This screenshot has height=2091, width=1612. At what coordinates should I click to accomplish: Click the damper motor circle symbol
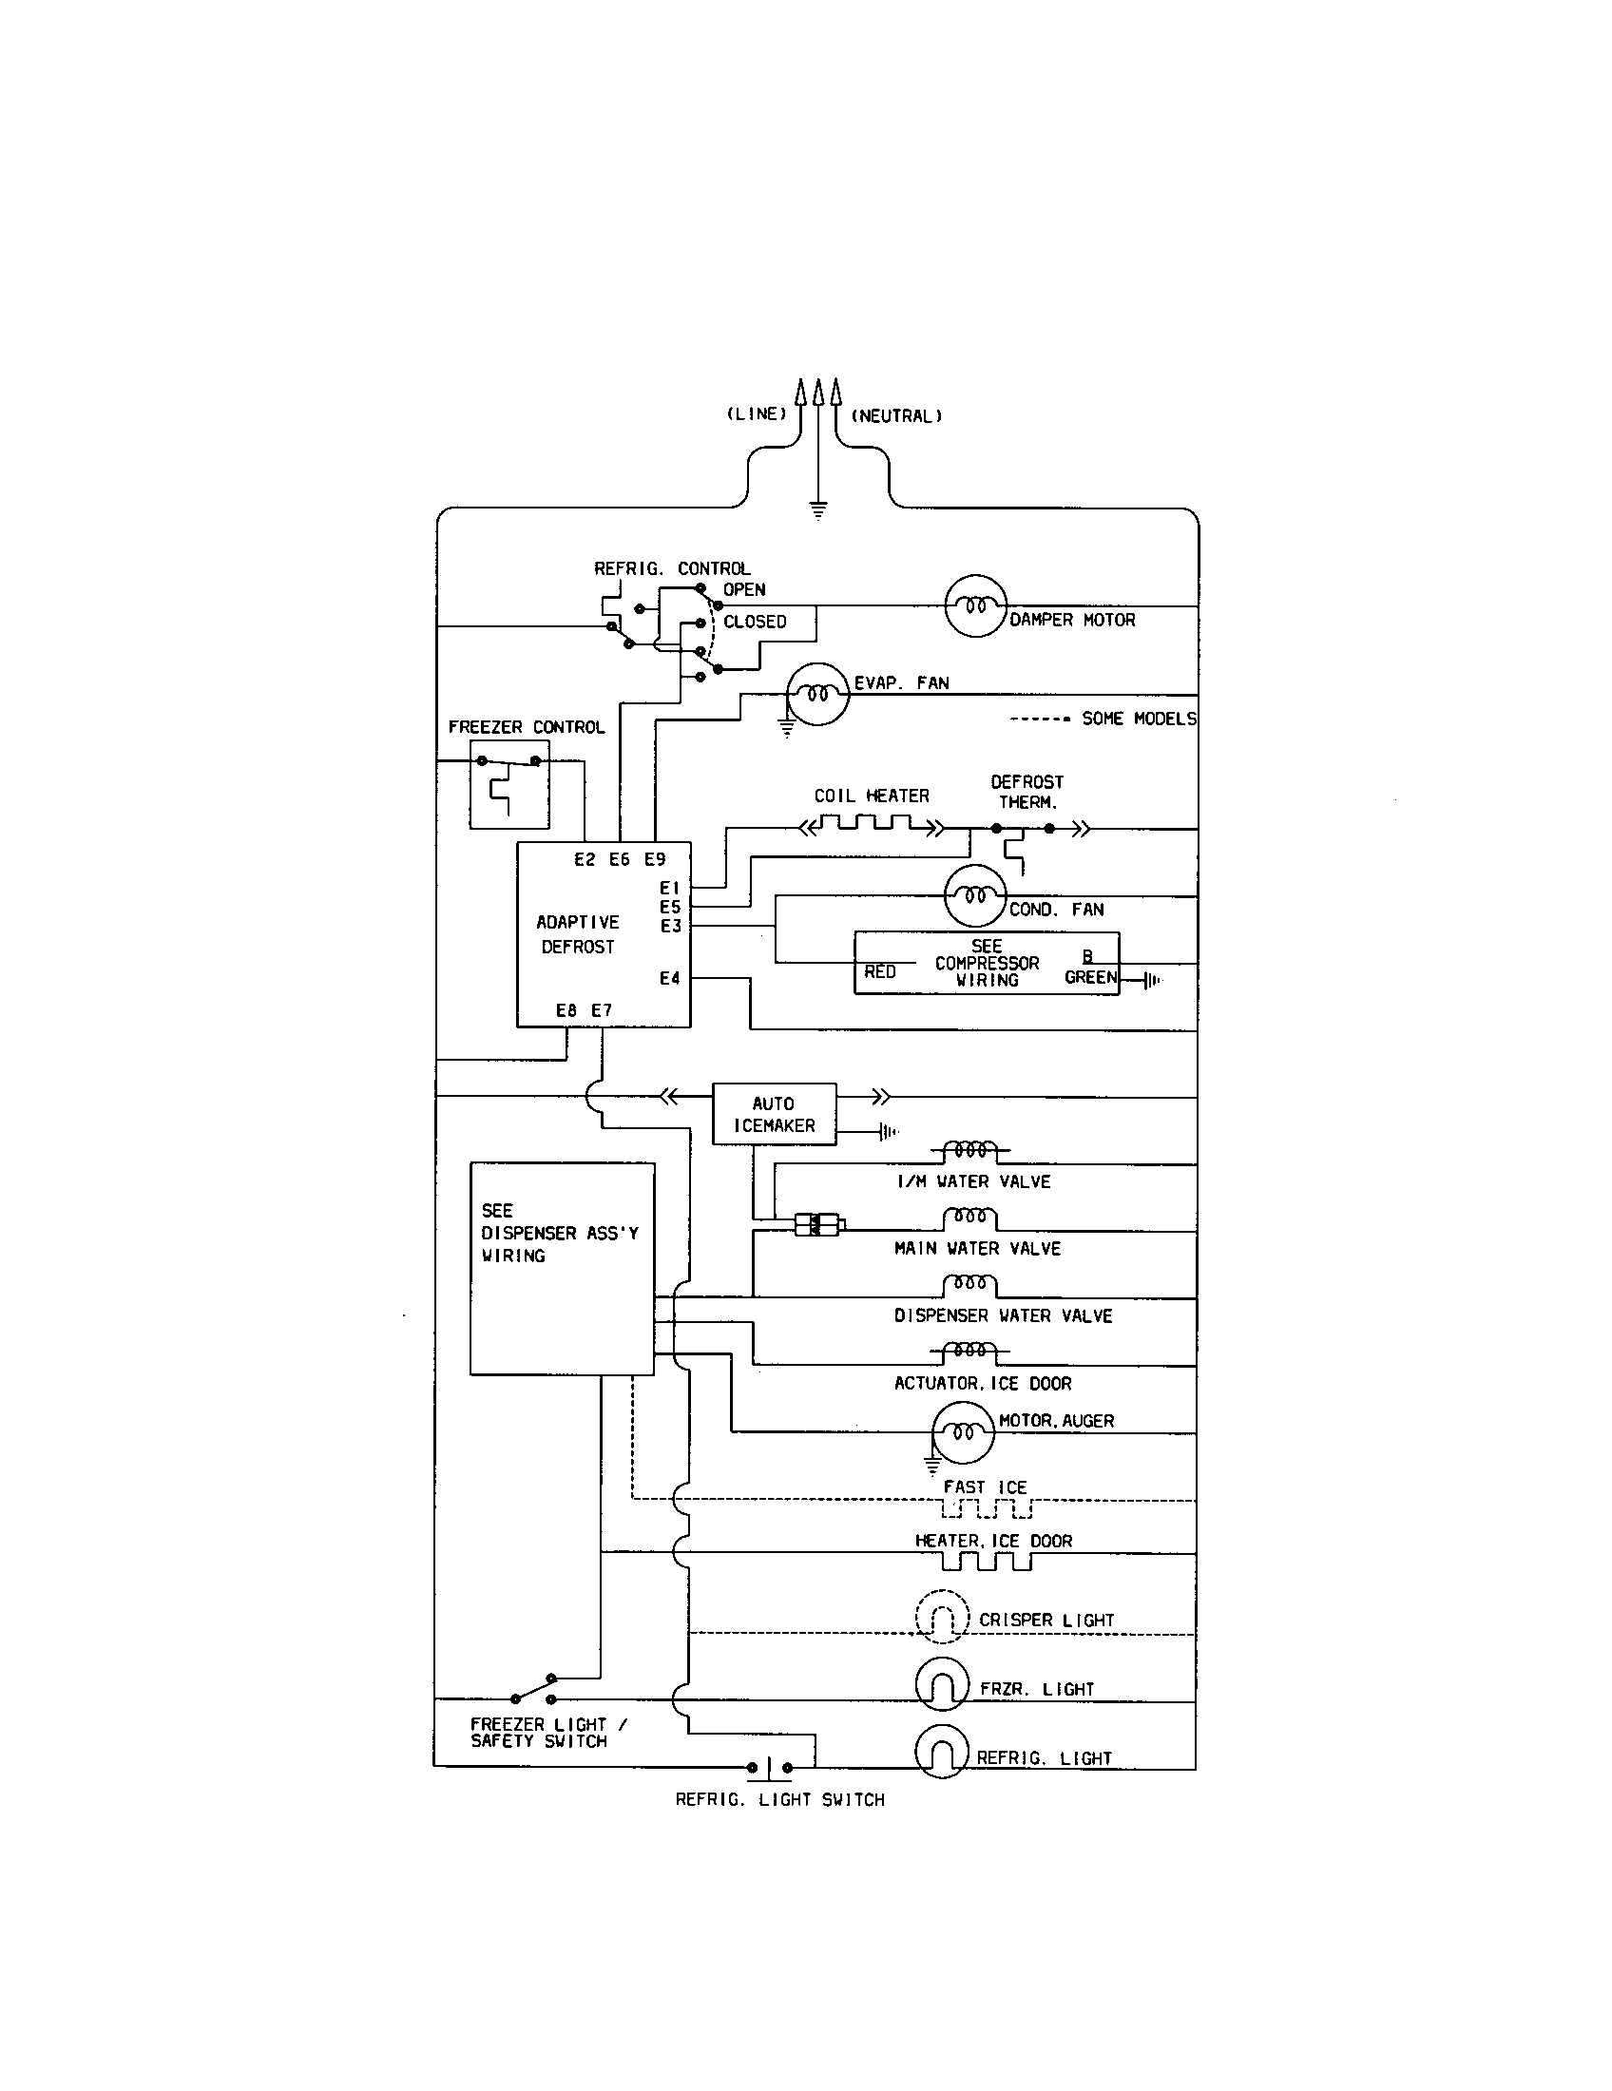[975, 605]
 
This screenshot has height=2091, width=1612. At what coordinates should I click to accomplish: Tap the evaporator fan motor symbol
[817, 694]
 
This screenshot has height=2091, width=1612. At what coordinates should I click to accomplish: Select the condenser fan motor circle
[974, 896]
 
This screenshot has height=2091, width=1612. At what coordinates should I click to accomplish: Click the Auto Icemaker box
[774, 1115]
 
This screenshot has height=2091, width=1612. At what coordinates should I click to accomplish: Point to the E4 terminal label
[669, 977]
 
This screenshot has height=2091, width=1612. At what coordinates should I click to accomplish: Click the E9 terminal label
[654, 859]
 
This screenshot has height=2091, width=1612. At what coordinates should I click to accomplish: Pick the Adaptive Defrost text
[577, 933]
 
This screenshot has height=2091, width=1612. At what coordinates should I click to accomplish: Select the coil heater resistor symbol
[872, 824]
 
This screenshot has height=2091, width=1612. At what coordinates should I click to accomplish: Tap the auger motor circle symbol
[963, 1432]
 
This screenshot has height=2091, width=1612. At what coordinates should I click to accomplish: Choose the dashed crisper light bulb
[942, 1617]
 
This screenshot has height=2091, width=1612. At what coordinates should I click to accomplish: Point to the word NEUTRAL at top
[896, 415]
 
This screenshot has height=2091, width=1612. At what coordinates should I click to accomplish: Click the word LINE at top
[756, 413]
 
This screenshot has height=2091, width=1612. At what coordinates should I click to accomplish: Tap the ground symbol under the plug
[817, 509]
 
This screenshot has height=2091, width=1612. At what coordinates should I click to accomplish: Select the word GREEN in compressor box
[1090, 976]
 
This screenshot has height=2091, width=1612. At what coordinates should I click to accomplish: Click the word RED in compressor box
[880, 971]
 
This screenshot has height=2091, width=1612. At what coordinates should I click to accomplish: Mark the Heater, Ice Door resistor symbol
[986, 1562]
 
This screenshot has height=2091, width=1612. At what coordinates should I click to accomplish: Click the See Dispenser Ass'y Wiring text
[559, 1232]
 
